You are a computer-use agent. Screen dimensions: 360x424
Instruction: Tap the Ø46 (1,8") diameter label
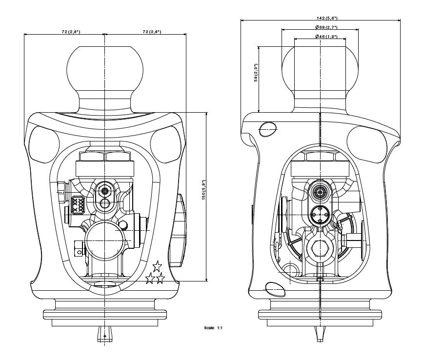[320, 37]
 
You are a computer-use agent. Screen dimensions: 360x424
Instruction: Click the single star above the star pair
[157, 266]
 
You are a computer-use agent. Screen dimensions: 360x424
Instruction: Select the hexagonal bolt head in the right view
[320, 248]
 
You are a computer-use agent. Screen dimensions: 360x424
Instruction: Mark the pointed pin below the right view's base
[319, 334]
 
